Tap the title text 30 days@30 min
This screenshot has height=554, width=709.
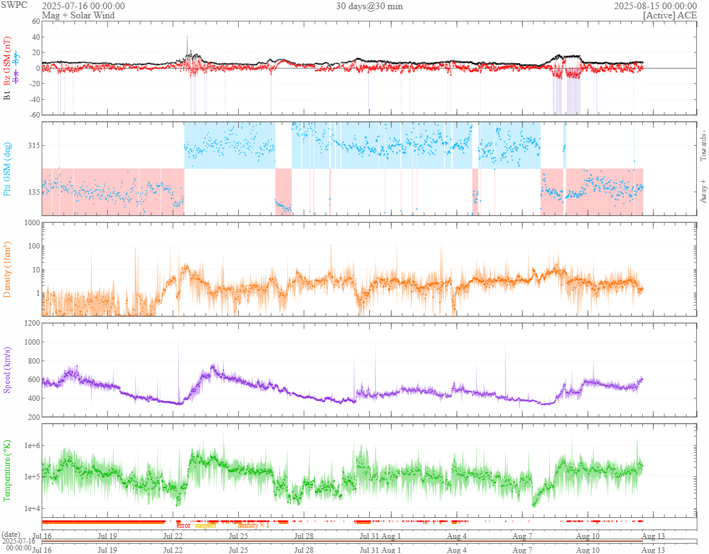click(x=369, y=6)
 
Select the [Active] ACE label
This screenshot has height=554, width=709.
click(x=670, y=15)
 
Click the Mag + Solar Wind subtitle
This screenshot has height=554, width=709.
click(x=73, y=15)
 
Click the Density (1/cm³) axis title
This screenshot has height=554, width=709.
click(x=8, y=269)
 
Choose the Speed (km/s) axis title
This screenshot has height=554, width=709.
click(x=8, y=370)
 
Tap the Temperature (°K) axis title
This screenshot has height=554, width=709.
click(x=8, y=470)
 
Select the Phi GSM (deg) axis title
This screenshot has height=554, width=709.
click(x=8, y=168)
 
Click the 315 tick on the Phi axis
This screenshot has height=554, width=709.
click(x=31, y=145)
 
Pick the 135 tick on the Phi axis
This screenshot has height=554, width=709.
click(x=31, y=192)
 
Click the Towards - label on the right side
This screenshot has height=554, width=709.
click(x=703, y=146)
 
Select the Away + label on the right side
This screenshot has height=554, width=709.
click(x=703, y=190)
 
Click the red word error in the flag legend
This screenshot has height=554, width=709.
click(x=184, y=525)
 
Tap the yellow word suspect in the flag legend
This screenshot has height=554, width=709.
click(x=206, y=525)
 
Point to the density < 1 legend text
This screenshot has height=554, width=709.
click(x=253, y=525)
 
